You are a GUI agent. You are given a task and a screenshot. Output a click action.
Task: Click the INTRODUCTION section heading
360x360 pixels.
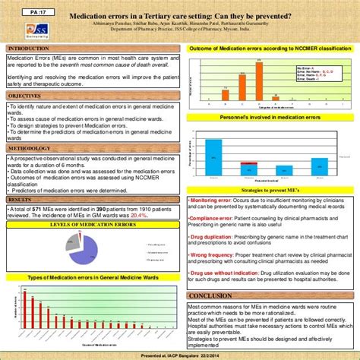tap(27, 49)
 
